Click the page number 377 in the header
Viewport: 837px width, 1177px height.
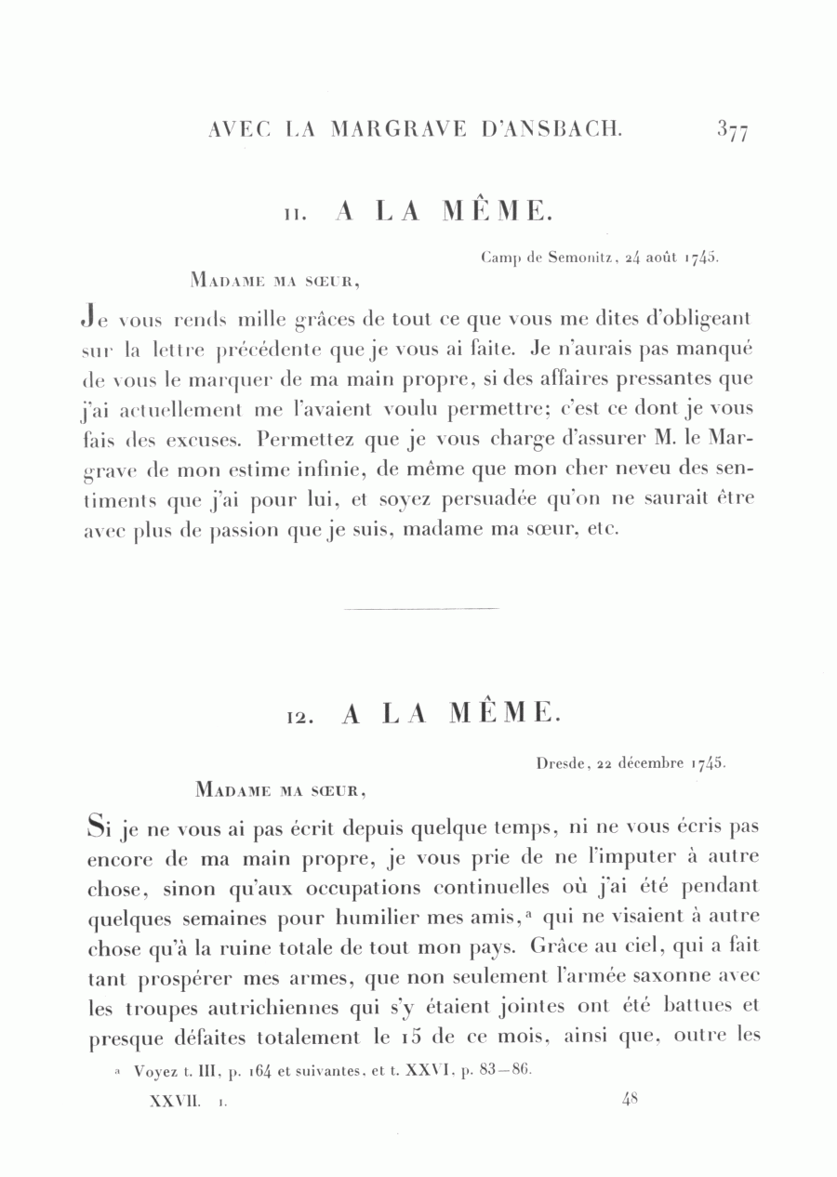click(x=733, y=130)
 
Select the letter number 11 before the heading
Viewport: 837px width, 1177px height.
click(x=295, y=215)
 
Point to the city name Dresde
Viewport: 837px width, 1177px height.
click(x=559, y=763)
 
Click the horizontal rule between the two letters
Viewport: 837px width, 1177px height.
click(x=421, y=609)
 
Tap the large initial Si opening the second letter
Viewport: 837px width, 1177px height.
click(x=100, y=825)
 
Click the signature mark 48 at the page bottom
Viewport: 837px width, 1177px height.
click(x=630, y=1099)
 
